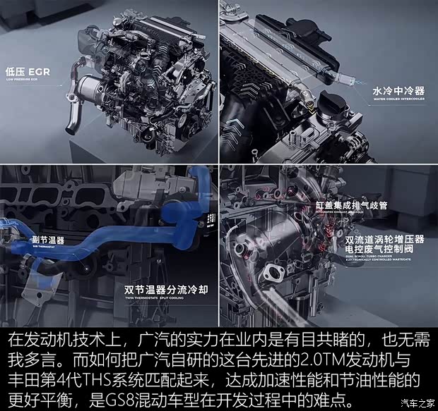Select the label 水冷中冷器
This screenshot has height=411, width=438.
pos(398,92)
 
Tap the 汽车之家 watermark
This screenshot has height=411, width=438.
pos(417,403)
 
